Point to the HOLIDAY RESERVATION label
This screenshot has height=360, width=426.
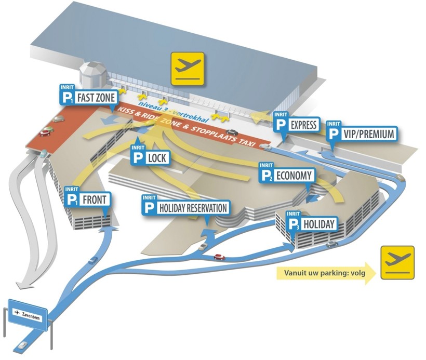tap(185, 207)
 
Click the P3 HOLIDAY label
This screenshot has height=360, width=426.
tap(311, 224)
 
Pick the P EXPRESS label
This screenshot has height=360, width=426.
tap(297, 124)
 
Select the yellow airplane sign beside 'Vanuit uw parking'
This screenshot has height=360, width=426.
tap(397, 263)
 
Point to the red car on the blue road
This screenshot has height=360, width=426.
tap(219, 257)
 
